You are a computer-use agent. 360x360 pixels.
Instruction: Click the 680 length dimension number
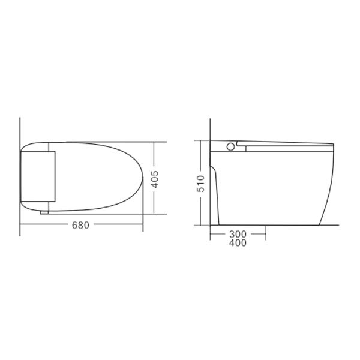pyautogui.click(x=80, y=226)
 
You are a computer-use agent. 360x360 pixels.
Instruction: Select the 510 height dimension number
pyautogui.click(x=202, y=182)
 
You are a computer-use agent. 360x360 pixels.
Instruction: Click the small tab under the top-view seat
pyautogui.click(x=44, y=212)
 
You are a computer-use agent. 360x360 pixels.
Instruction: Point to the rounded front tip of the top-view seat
pyautogui.click(x=142, y=177)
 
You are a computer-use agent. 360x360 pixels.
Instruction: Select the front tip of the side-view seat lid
pyautogui.click(x=333, y=144)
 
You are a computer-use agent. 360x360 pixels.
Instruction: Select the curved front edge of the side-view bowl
pyautogui.click(x=329, y=180)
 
